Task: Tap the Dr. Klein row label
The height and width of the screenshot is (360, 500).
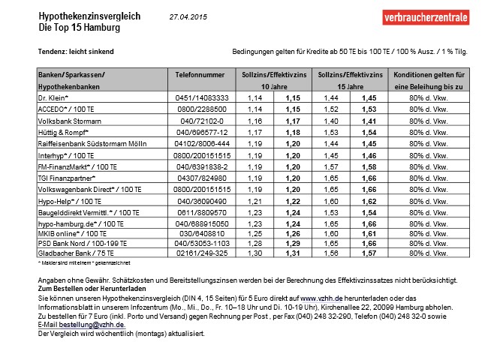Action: coord(53,98)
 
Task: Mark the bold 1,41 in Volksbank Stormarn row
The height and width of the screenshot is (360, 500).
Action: coord(368,119)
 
